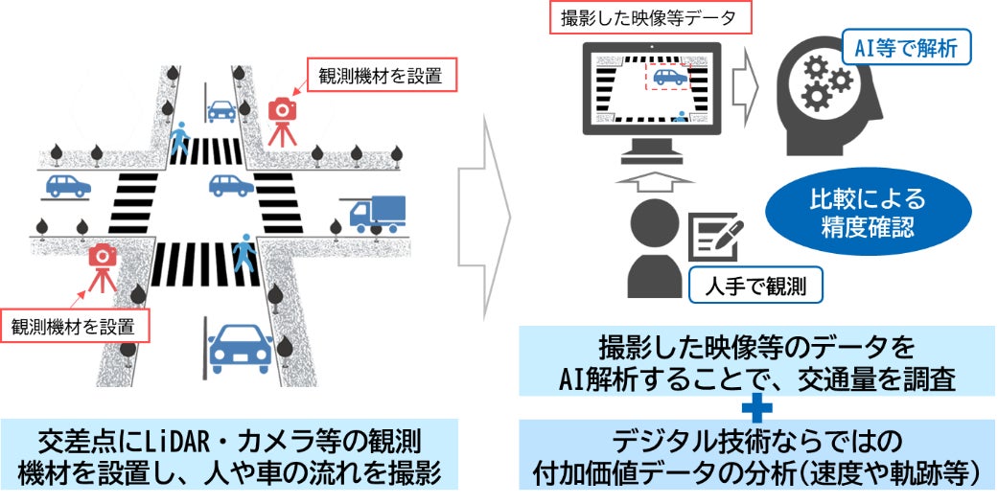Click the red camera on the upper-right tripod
(x=283, y=108)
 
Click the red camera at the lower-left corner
(x=102, y=256)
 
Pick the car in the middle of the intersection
(x=231, y=185)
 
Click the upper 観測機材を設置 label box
(x=378, y=76)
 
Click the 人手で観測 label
(x=754, y=286)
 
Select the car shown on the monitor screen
(x=670, y=77)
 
